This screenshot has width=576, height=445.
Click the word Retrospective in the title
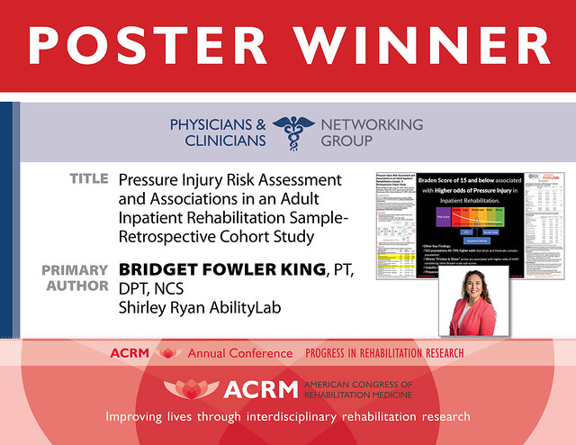coord(166,239)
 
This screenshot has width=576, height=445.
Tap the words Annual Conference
coord(239,353)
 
